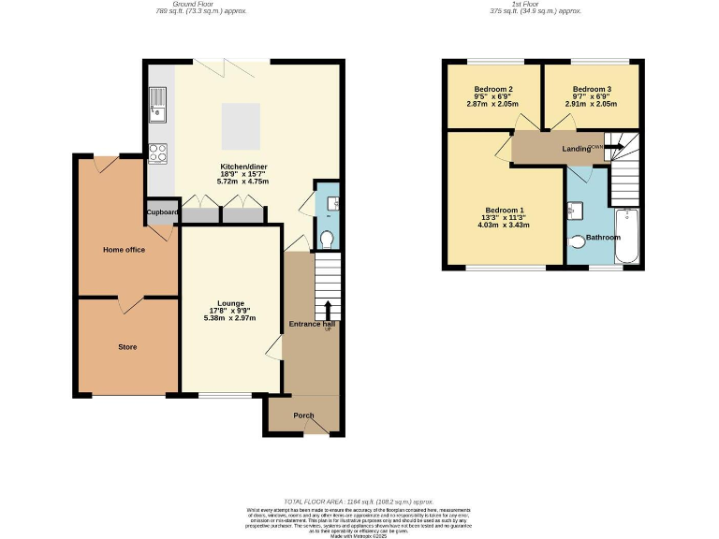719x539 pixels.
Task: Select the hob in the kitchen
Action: point(156,152)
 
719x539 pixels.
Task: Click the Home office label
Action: point(124,249)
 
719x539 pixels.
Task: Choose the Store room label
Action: point(127,347)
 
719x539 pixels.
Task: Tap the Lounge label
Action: point(231,303)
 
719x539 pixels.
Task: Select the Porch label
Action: point(303,415)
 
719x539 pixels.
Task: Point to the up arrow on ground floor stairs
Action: point(328,310)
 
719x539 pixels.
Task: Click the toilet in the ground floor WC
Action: point(326,240)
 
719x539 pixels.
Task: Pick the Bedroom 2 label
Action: point(492,89)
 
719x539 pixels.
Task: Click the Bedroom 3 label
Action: point(593,89)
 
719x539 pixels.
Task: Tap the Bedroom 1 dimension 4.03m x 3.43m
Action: point(503,226)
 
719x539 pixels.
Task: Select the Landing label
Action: point(576,149)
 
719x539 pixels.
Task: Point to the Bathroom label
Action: point(603,238)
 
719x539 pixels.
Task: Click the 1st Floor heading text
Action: point(535,5)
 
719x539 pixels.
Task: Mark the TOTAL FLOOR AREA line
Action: point(359,502)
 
